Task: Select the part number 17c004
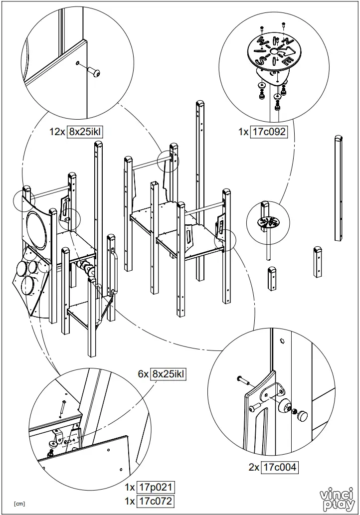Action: (x=280, y=467)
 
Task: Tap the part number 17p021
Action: (x=157, y=487)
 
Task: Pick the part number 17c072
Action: (x=157, y=501)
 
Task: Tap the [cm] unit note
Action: (x=19, y=504)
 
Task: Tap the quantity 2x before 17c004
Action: (x=254, y=467)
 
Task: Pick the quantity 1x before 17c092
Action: (x=243, y=132)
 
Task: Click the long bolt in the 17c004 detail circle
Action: (x=243, y=380)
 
